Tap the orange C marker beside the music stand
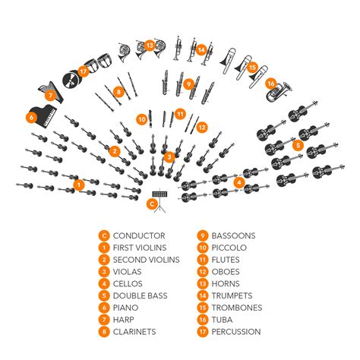point(152,203)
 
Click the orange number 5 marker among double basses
point(298,144)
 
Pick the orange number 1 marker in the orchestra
point(79,184)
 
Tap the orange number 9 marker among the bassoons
point(188,84)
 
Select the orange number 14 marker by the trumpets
point(201,49)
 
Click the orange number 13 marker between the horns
point(150,46)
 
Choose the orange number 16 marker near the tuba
point(271,83)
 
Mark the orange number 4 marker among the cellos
point(238,182)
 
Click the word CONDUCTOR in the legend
point(140,236)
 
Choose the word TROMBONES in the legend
point(237,308)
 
